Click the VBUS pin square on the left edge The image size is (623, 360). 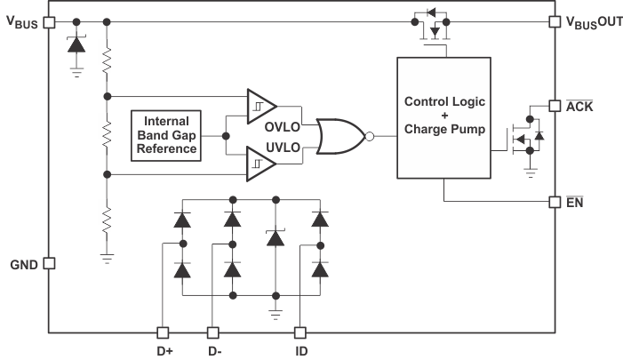(x=49, y=21)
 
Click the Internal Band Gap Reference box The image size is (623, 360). (x=167, y=135)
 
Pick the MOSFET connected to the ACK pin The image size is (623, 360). (x=524, y=138)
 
